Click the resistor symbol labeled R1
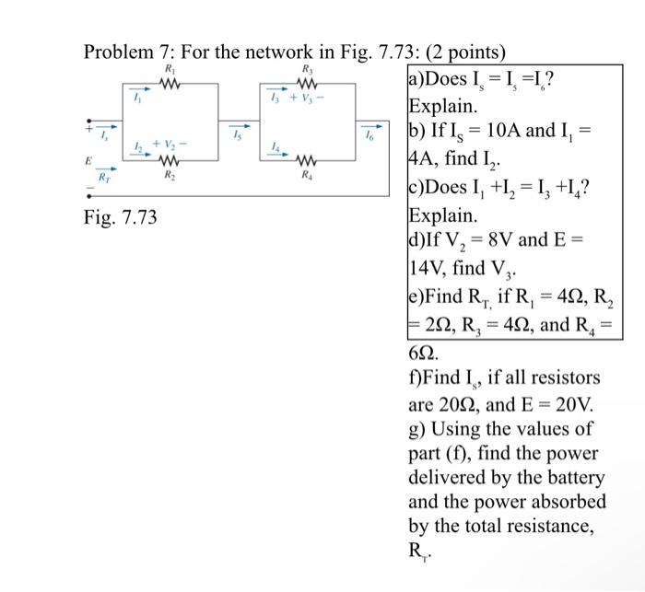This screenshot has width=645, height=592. click(168, 85)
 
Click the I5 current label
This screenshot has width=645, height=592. click(237, 136)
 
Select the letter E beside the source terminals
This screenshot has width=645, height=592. click(88, 158)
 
